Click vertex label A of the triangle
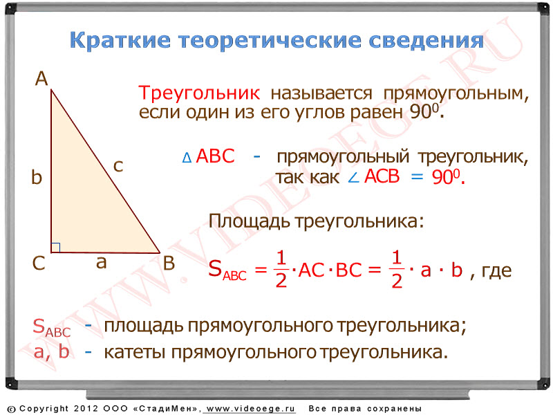coord(41,78)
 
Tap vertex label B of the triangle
coord(169,264)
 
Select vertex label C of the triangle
coord(39,264)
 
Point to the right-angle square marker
coord(55,248)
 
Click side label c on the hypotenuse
coord(118,166)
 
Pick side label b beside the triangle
coord(37,177)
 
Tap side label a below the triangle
coord(101,263)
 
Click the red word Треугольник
coord(199,93)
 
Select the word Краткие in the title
coord(120,40)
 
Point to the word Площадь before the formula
coord(250,222)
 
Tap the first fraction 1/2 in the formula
coord(281,269)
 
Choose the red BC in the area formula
coord(349,270)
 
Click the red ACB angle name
coord(382,176)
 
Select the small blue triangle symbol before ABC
coord(187,158)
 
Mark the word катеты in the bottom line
coord(135,352)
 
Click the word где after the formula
coord(496,271)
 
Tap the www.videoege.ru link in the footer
coord(250,409)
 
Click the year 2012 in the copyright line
coord(86,409)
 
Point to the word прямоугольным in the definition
coord(456,94)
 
